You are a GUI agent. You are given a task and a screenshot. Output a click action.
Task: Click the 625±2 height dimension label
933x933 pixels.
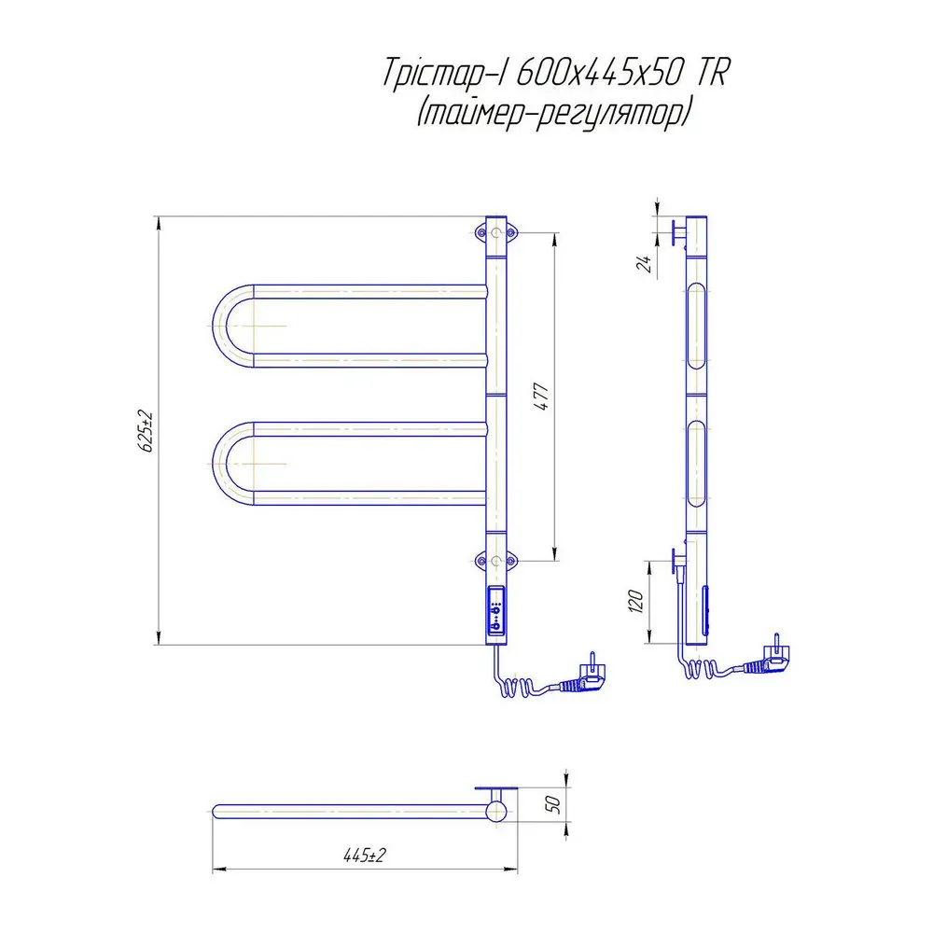coord(146,431)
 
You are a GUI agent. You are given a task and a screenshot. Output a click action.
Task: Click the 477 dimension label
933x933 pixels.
coord(542,397)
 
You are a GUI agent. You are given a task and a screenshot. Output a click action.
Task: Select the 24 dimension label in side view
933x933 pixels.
coord(645,263)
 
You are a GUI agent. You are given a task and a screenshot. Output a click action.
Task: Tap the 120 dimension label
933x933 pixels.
coord(636,602)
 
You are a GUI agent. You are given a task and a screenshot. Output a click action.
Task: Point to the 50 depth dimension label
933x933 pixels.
coord(552,804)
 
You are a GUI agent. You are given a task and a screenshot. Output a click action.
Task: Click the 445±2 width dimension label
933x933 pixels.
coord(365,855)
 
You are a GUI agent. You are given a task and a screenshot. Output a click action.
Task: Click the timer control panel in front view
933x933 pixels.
coord(496,610)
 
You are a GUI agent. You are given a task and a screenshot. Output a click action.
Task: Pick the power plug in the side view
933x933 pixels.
coord(768,659)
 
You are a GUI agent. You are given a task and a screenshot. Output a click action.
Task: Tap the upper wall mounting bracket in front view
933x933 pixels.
coord(496,232)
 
